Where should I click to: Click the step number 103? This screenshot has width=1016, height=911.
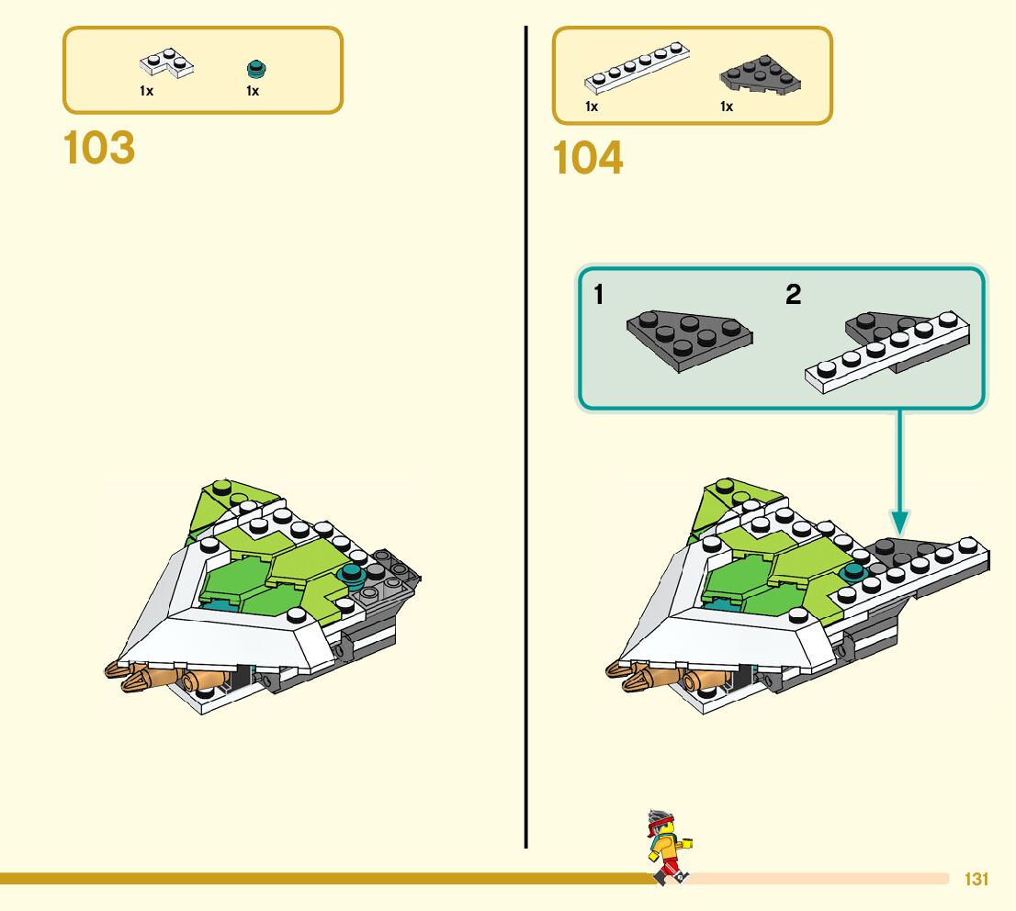pos(99,149)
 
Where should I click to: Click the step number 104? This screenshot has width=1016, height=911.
pos(588,159)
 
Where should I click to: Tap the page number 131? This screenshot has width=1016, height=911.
pos(976,880)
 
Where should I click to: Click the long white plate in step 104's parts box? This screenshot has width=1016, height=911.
pos(638,69)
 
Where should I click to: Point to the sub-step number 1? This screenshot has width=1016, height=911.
pos(598,296)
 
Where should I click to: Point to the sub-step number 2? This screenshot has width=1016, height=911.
pos(793,296)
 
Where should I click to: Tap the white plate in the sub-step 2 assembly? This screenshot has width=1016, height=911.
pos(886,354)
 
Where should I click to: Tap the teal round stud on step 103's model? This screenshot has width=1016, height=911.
pos(350,577)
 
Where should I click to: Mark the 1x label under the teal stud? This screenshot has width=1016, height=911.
pos(253,91)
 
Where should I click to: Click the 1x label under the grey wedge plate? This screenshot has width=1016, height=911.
pos(726,107)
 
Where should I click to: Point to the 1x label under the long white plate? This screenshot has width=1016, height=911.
pos(592,107)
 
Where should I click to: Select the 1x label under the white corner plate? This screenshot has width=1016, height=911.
pos(146,91)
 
